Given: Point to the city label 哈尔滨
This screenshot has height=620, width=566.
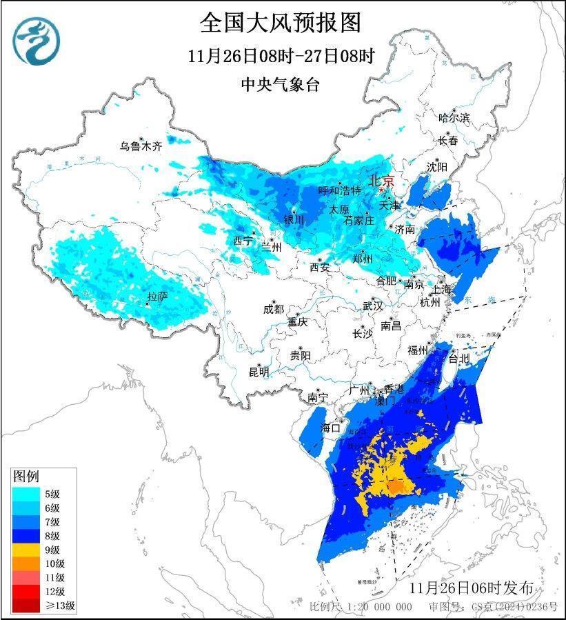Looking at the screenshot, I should (x=454, y=118).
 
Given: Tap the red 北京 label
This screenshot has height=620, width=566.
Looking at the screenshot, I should (x=382, y=181).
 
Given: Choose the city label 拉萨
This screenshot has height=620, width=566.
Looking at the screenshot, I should (x=158, y=297).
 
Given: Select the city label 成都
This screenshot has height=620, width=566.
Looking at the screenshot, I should (x=273, y=310).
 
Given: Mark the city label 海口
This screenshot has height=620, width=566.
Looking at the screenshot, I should (x=331, y=428).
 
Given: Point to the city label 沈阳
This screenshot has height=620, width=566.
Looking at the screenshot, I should (x=436, y=167).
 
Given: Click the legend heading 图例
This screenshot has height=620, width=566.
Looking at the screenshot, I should (x=26, y=477).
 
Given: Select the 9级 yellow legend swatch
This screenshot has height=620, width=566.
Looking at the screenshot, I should (x=26, y=550).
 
